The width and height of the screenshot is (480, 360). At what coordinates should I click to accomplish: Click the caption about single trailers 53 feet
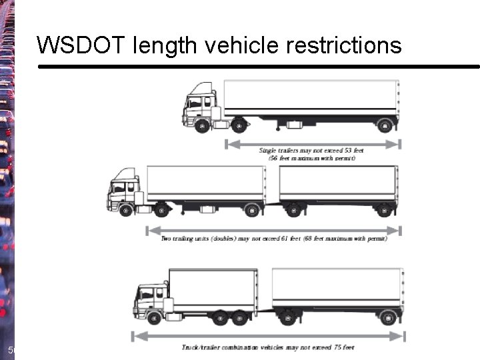[311, 154]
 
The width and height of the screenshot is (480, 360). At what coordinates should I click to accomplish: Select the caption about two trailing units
[274, 238]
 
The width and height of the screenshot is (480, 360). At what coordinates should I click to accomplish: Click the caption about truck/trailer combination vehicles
[268, 347]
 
